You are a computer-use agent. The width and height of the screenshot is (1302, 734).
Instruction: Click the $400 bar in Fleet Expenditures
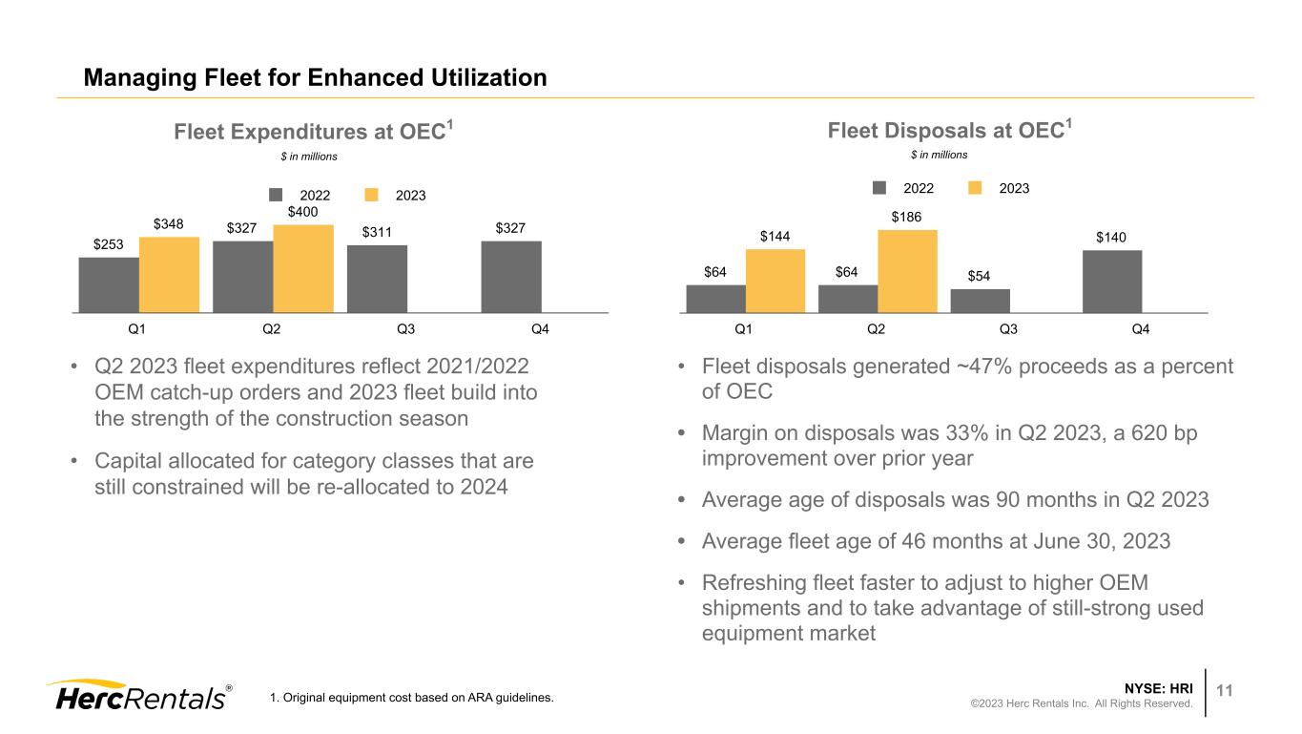303,268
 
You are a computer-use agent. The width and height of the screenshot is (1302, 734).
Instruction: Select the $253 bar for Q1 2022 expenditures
109,284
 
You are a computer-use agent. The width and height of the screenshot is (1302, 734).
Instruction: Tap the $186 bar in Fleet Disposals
907,271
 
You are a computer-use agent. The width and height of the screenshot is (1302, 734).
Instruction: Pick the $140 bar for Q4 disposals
1112,281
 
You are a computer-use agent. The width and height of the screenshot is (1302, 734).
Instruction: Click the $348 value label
169,224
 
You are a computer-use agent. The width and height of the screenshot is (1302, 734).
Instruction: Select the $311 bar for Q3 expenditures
377,279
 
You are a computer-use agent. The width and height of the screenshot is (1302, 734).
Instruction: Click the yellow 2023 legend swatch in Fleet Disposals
976,188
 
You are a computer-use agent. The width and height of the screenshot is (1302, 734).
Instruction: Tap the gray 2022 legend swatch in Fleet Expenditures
277,195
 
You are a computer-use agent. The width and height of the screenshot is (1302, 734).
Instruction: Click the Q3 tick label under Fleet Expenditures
405,330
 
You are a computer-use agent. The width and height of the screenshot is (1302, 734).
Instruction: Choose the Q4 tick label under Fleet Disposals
1140,330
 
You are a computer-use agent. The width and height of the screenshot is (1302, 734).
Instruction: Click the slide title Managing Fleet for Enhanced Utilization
315,77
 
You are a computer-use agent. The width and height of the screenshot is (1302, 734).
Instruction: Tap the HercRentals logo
138,696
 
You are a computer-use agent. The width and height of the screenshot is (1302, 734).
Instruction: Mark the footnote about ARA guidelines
412,699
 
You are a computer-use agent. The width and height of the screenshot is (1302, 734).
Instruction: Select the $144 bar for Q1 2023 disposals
775,281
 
